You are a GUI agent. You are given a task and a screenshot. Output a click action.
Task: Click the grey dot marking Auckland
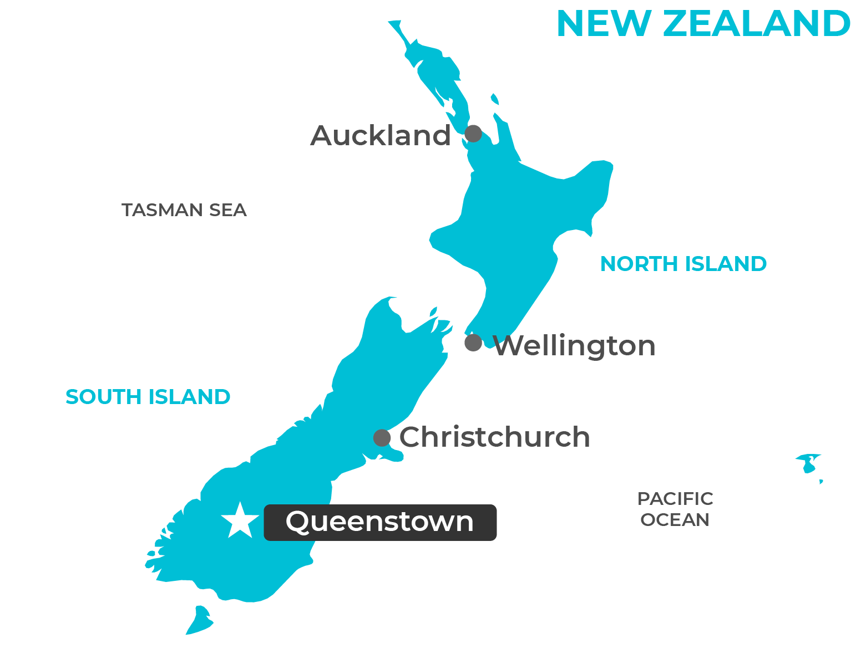coord(473,134)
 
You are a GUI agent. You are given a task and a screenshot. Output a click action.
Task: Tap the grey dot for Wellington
coord(473,343)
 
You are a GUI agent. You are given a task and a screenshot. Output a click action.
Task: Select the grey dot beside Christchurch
coord(382,438)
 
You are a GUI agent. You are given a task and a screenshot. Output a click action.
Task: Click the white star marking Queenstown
coord(240,522)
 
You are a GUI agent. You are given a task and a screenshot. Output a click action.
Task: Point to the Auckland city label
coord(381,136)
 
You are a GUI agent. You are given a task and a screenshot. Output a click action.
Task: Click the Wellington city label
coord(574,346)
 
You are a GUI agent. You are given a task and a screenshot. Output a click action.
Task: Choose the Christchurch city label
coord(494,437)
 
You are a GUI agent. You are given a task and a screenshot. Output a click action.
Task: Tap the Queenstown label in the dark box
coord(380,522)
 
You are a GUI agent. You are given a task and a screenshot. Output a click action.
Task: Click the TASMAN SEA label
coord(184,210)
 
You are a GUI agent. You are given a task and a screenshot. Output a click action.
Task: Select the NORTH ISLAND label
coord(683,264)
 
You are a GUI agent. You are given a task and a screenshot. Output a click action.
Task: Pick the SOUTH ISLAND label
coord(148,397)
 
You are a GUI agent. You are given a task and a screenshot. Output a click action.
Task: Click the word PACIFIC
coord(675,499)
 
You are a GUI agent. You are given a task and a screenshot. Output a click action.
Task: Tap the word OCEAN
coord(675,520)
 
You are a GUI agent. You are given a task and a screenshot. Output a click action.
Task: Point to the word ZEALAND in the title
coord(757,24)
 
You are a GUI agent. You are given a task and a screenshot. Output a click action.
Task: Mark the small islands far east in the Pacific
coord(808,463)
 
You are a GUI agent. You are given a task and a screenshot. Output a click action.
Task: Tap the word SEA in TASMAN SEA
coord(227,210)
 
